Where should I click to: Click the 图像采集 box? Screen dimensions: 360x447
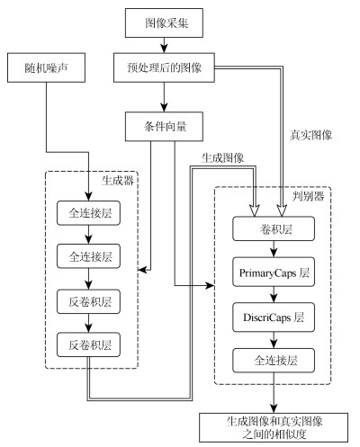(164, 23)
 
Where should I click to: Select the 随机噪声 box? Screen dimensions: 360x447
(46, 67)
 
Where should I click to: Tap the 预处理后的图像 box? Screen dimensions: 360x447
(164, 67)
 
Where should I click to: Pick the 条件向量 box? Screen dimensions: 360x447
(164, 127)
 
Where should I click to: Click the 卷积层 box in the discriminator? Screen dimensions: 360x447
(274, 228)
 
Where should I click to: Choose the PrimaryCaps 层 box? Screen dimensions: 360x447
(274, 272)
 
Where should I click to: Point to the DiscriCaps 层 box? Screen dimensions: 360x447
(274, 317)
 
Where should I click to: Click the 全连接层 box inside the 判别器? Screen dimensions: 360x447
(274, 361)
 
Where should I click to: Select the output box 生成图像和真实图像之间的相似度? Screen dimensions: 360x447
(274, 428)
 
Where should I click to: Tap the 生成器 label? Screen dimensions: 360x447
(118, 181)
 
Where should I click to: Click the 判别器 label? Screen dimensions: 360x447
(309, 196)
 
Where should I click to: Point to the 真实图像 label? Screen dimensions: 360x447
(310, 135)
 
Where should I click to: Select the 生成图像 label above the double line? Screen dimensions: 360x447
(222, 157)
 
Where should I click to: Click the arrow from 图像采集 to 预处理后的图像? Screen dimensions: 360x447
(164, 45)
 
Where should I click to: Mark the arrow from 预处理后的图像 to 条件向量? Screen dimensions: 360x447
(164, 97)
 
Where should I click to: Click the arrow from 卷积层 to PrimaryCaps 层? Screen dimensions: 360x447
(274, 249)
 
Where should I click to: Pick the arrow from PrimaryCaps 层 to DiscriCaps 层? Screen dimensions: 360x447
(274, 294)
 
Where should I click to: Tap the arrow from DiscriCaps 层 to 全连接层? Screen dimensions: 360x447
(274, 340)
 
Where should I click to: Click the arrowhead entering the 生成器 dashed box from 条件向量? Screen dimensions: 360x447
(142, 270)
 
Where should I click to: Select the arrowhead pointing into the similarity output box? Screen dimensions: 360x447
(274, 408)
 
